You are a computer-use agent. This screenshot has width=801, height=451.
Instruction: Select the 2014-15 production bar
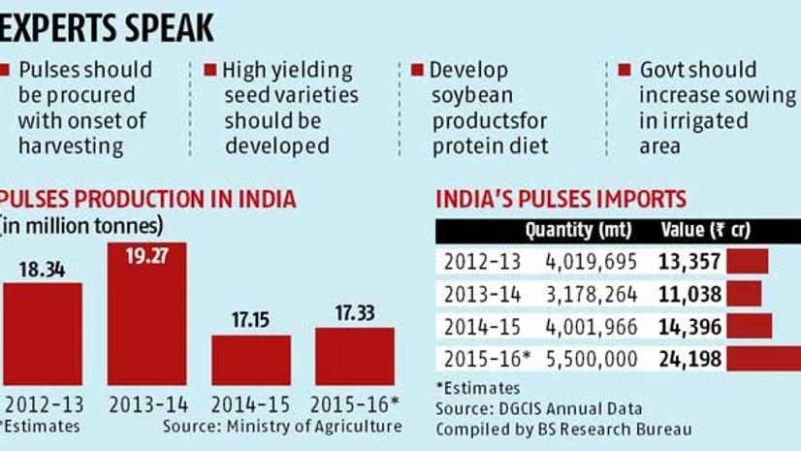tap(251, 360)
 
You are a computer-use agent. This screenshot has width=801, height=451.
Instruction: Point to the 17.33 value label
tap(354, 315)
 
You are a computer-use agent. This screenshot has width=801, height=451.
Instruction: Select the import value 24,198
tap(690, 359)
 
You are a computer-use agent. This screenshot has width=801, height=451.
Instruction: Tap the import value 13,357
tap(691, 261)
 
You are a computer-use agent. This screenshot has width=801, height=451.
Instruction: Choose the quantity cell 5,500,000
tap(593, 359)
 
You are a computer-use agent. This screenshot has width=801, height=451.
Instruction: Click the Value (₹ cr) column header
tap(704, 231)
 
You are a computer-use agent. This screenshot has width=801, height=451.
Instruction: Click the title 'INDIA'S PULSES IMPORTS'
tap(561, 200)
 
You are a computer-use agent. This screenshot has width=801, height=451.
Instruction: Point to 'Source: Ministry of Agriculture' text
tap(281, 426)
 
